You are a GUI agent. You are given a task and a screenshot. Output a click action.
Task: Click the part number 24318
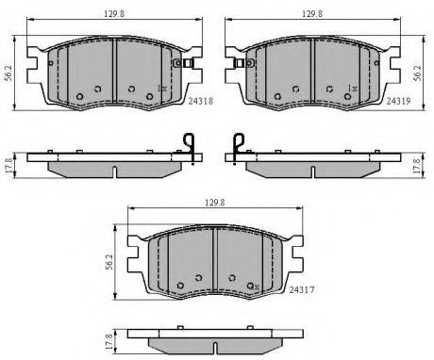tap(201, 101)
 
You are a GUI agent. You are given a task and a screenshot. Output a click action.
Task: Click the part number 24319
tap(398, 101)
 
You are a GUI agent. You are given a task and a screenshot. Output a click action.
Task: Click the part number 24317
tap(302, 289)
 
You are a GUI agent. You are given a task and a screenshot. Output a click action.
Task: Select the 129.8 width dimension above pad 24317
tap(215, 203)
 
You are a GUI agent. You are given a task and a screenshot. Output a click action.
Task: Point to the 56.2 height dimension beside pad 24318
tap(8, 73)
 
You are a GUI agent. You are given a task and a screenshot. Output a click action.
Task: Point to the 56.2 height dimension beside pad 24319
tap(418, 73)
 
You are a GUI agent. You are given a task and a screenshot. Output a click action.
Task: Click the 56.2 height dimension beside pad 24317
tap(109, 262)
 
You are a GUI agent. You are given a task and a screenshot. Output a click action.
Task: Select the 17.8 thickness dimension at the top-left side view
tap(8, 165)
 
